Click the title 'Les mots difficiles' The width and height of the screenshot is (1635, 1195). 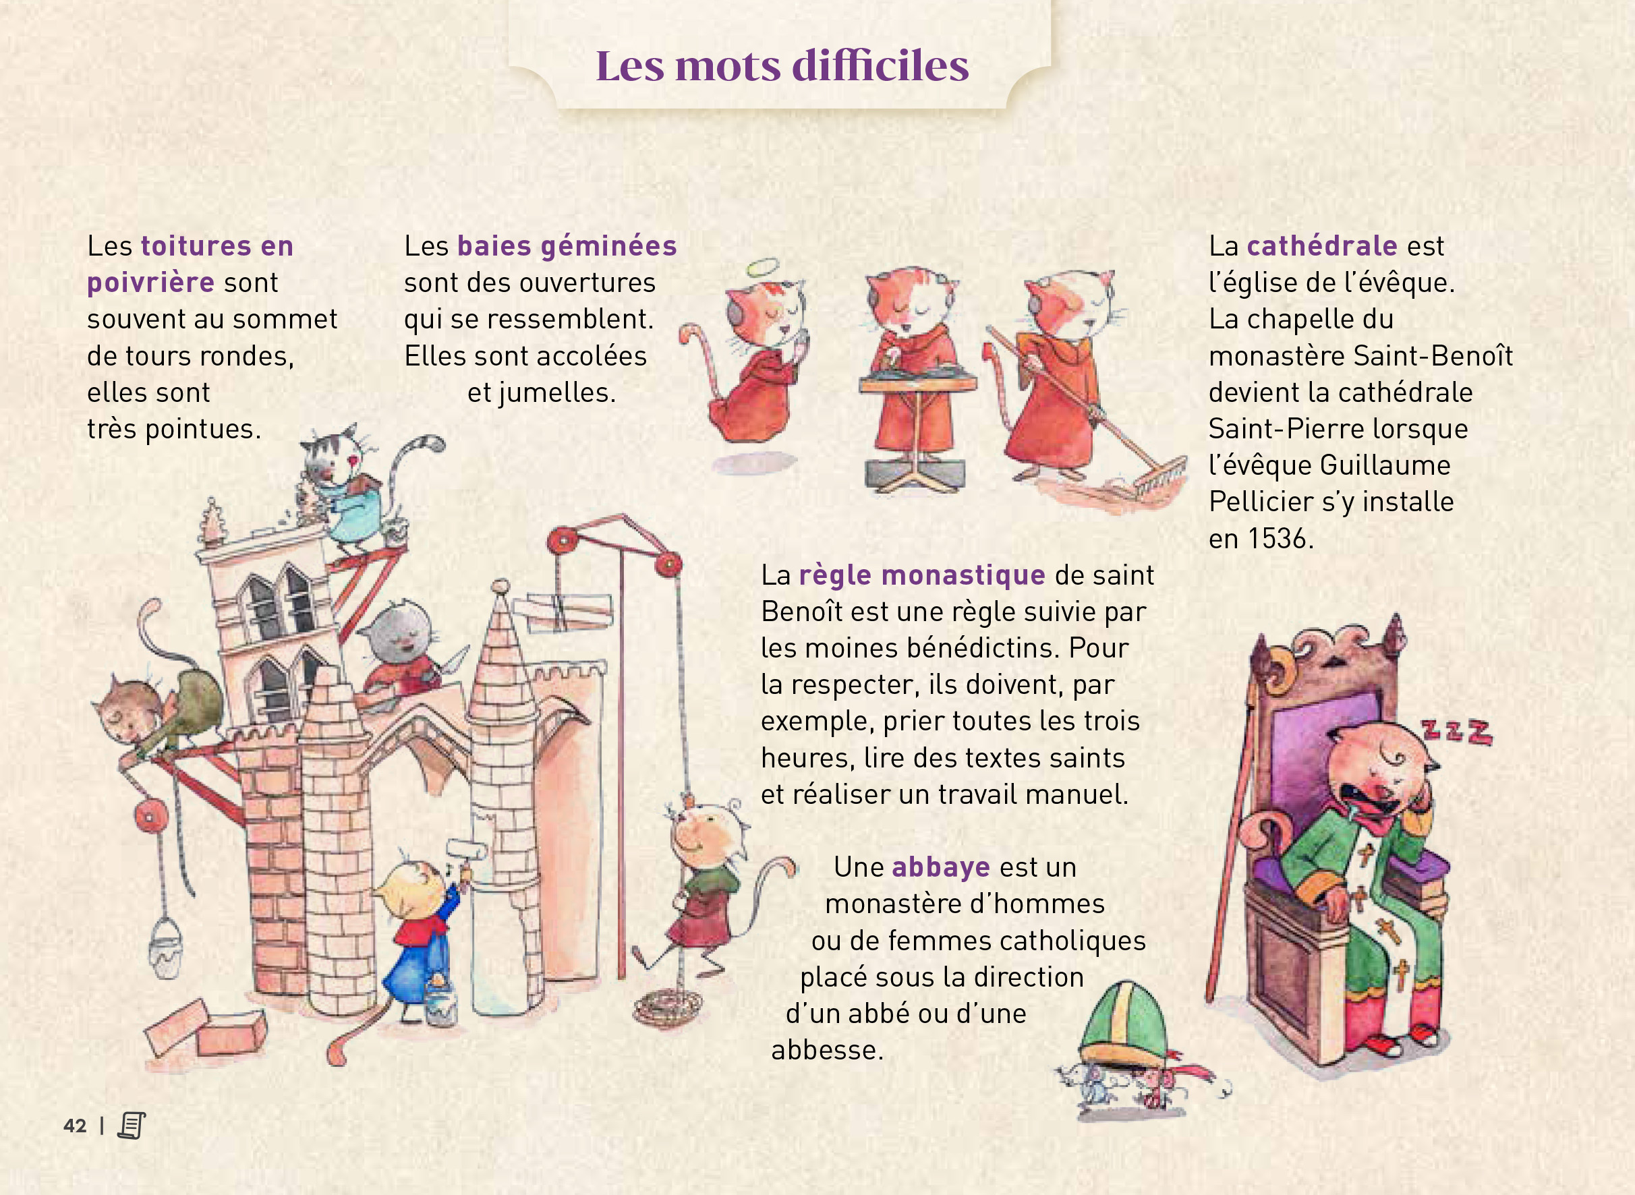[x=782, y=66]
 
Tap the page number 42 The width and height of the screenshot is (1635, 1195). [x=76, y=1126]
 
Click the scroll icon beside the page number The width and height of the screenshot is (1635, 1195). [x=132, y=1125]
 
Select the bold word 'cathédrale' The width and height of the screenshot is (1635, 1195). [x=1322, y=246]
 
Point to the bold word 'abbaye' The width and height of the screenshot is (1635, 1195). [x=940, y=867]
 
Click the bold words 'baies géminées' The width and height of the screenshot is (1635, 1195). [x=567, y=247]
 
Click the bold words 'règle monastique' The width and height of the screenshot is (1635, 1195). [x=921, y=576]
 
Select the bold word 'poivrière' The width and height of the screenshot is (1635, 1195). [x=150, y=283]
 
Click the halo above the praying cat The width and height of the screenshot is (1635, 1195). [x=765, y=268]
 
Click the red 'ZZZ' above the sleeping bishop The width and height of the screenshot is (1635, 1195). [x=1456, y=732]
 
